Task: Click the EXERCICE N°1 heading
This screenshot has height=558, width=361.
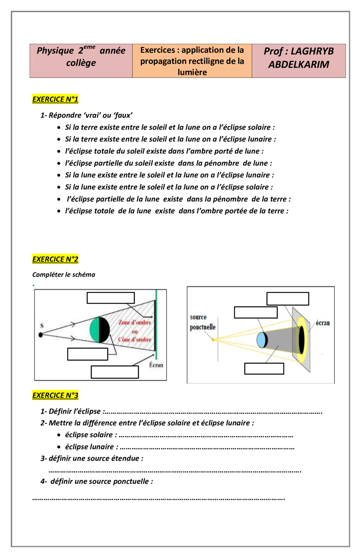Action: (x=55, y=99)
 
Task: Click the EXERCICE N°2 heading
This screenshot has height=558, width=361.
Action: (x=55, y=259)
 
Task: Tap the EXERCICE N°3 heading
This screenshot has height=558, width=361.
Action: (x=55, y=395)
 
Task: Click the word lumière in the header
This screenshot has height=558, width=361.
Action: (x=192, y=72)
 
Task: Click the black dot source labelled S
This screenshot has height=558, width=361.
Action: (x=41, y=335)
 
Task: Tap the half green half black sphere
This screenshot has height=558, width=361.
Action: (x=100, y=330)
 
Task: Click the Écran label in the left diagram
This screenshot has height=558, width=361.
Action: (x=156, y=365)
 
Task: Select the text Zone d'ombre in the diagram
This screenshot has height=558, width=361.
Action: (x=135, y=322)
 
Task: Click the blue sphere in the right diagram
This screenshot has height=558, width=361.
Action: (x=262, y=340)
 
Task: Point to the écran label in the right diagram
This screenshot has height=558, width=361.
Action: (x=323, y=323)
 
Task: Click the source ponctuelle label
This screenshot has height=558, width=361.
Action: (x=203, y=322)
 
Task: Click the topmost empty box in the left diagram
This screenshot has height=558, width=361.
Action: (x=110, y=298)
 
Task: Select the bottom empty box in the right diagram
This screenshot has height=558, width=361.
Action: (x=264, y=369)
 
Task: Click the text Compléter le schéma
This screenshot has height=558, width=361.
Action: (x=64, y=274)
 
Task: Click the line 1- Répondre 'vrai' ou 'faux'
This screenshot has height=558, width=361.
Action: (x=86, y=115)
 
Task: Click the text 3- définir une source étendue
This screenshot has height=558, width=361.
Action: (x=92, y=458)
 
